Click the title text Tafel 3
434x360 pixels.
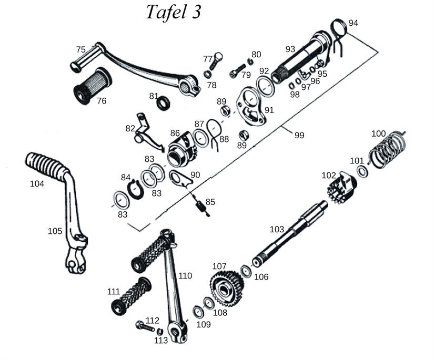coord(173,13)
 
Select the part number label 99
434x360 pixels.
coord(299,136)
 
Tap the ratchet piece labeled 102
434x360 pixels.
coord(339,187)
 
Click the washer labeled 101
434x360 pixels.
coord(362,172)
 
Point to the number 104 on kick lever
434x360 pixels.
coord(37,183)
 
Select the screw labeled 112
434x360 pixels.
coord(144,326)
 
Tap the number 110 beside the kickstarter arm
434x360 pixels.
coord(185,275)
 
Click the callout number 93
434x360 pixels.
coord(290,49)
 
